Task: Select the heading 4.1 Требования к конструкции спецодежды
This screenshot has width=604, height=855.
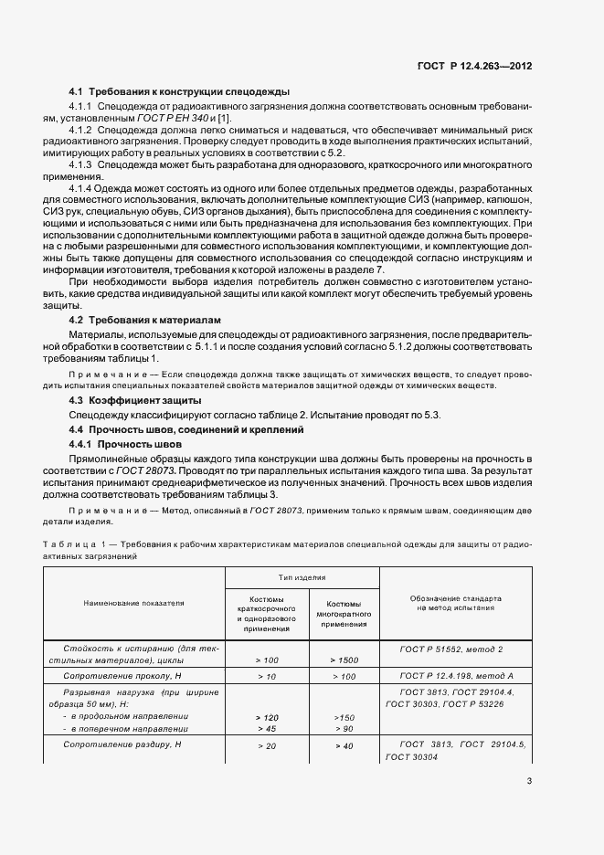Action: [180, 92]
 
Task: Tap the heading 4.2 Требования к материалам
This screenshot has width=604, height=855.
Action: [147, 321]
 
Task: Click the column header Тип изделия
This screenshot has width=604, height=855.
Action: [302, 578]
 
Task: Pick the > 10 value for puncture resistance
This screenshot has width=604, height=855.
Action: [267, 676]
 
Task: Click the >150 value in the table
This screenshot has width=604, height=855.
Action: [344, 717]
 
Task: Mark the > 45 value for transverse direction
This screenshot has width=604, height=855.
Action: [267, 729]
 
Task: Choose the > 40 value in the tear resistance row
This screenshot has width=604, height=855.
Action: [344, 745]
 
